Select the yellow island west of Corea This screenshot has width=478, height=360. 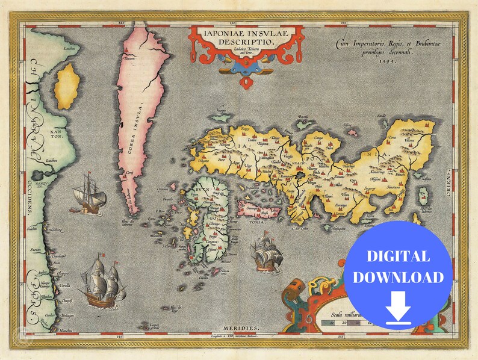[x=67, y=87]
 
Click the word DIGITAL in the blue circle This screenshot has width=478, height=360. [x=397, y=256]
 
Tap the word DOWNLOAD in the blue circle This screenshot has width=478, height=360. [x=398, y=277]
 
